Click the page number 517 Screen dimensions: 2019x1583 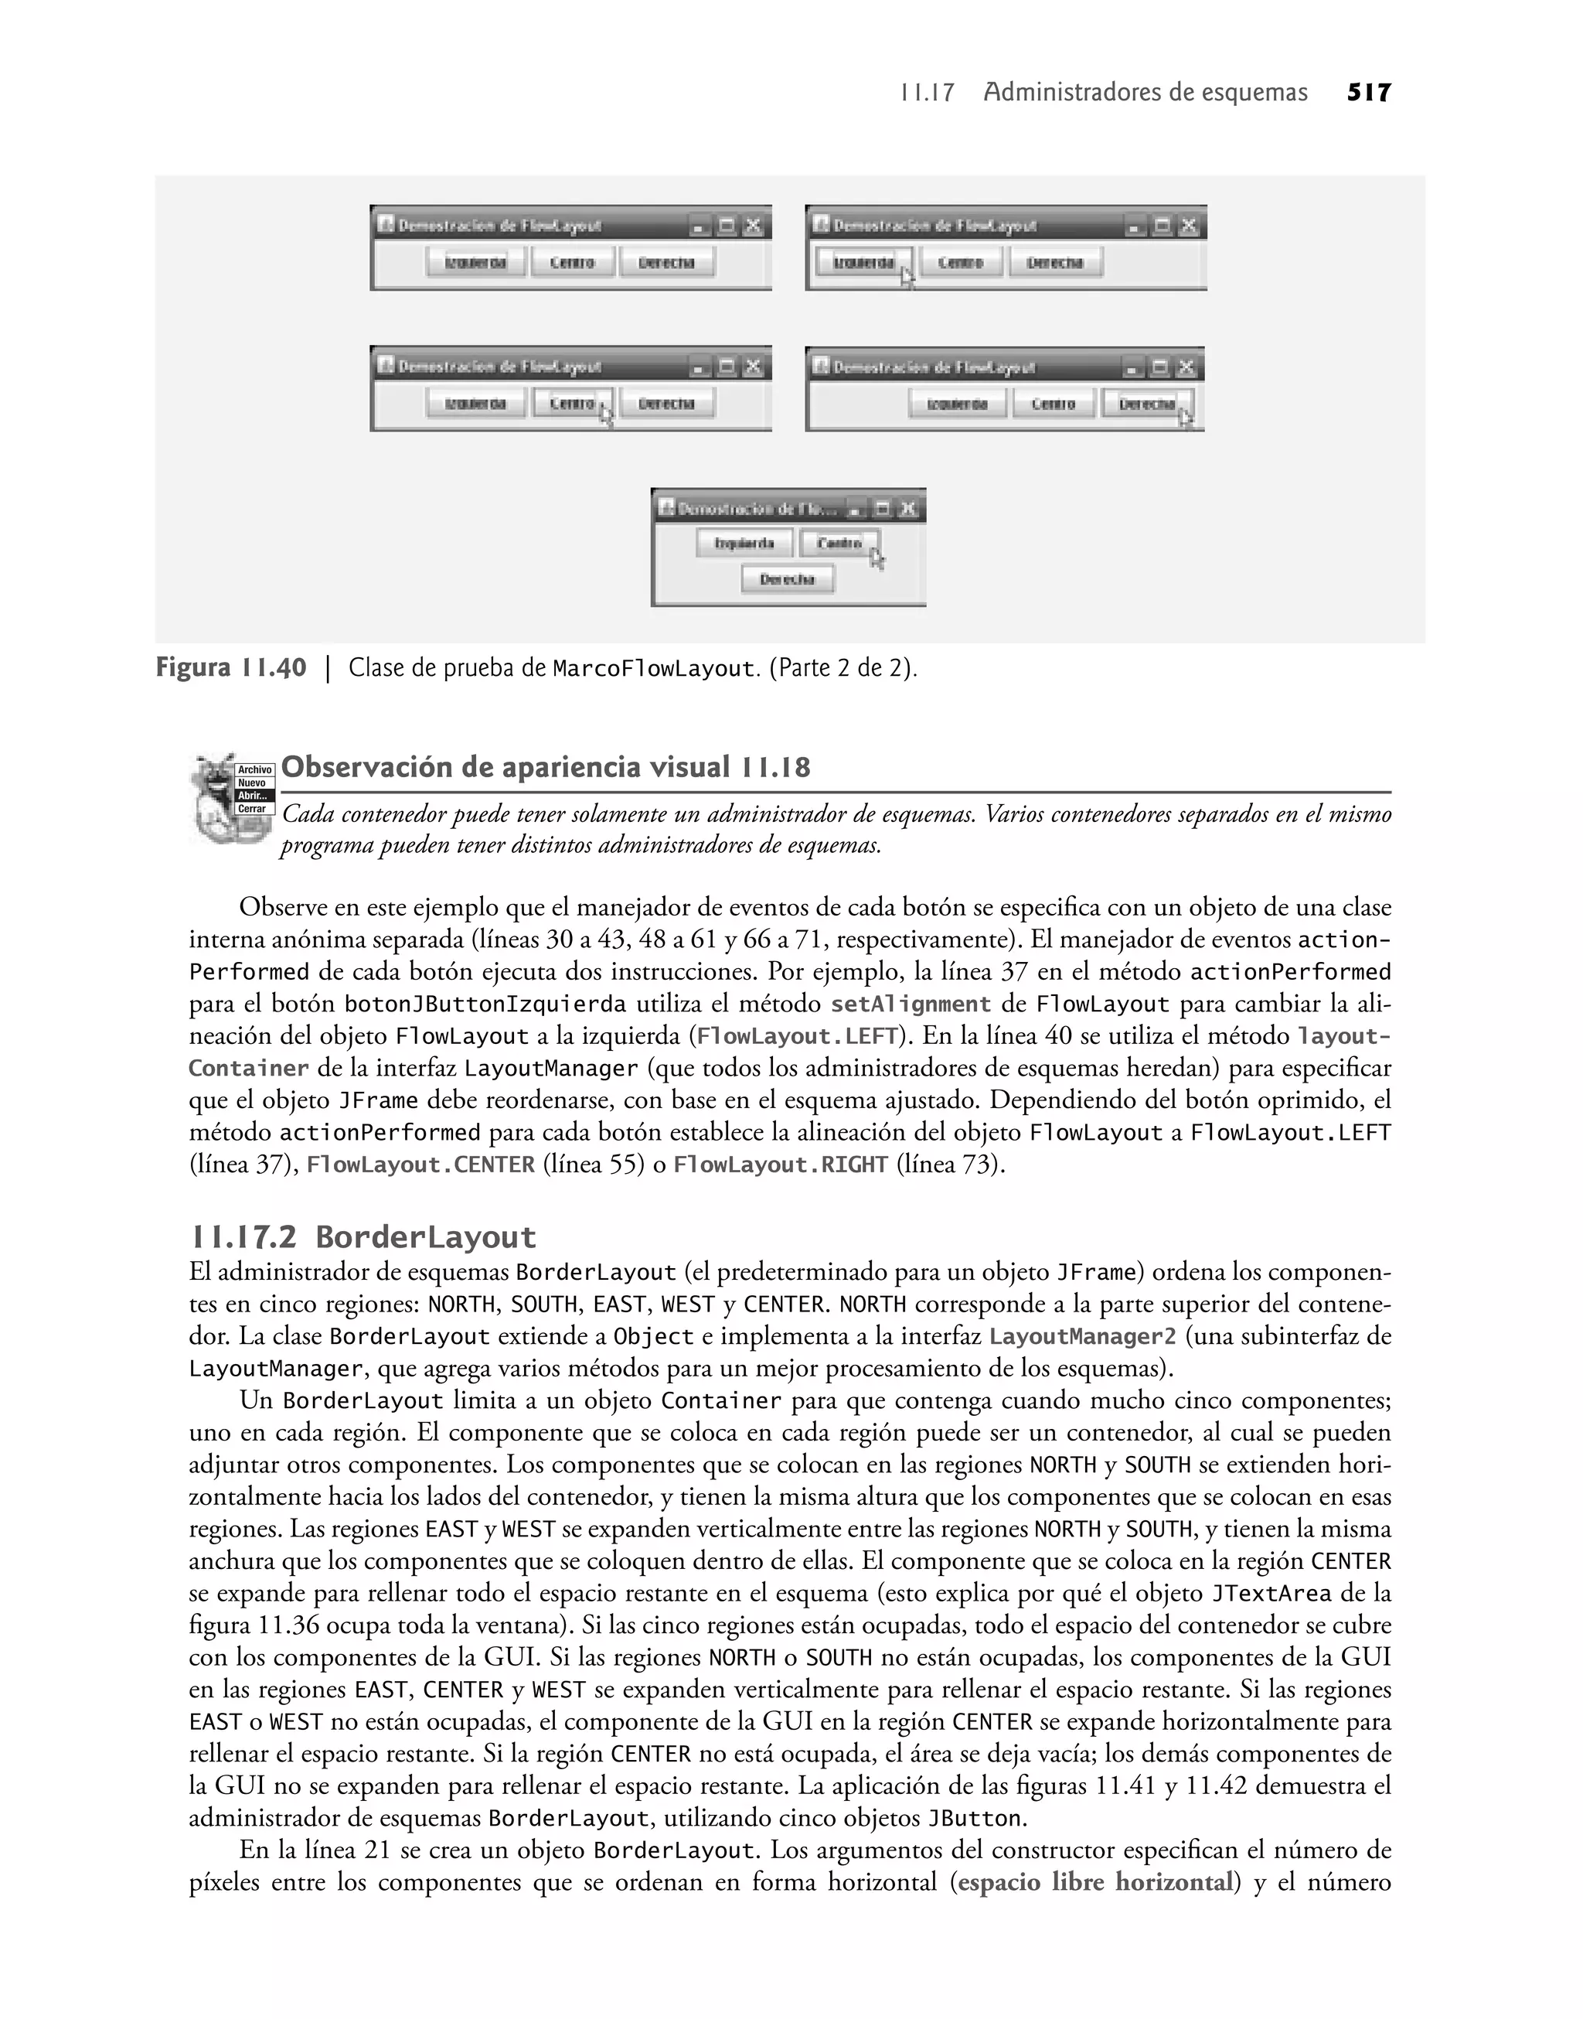tap(1369, 93)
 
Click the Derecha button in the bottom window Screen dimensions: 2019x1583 tap(787, 579)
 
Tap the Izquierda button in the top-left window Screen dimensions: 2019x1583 tap(475, 262)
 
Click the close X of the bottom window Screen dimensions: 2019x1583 tap(908, 508)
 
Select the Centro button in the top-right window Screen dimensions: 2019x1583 tap(960, 262)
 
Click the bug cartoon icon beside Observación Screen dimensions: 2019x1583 tap(218, 798)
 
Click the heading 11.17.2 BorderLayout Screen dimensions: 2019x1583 tap(363, 1237)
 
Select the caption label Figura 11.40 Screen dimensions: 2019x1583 tap(231, 667)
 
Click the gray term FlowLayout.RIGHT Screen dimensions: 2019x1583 tap(781, 1165)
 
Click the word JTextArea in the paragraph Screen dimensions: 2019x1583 tap(1272, 1594)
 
